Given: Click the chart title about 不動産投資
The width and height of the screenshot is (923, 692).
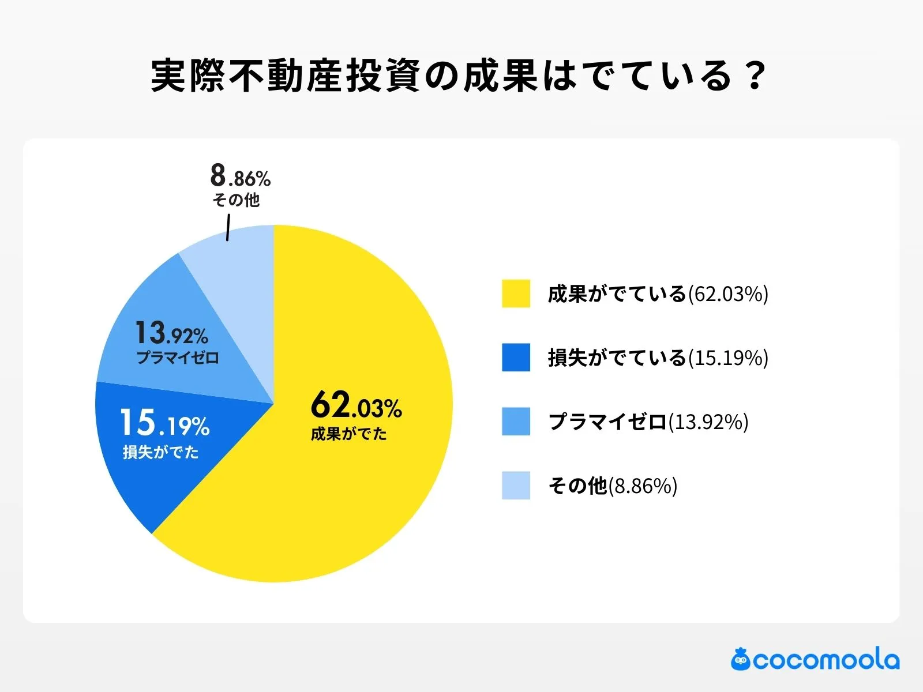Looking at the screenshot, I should click(459, 75).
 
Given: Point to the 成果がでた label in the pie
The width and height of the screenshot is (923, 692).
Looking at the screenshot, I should click(348, 434).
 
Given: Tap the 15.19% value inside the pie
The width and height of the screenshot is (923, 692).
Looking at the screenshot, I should click(164, 423).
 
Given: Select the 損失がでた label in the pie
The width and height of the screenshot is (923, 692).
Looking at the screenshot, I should click(160, 452).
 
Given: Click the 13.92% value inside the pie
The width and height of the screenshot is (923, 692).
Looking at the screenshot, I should click(171, 333).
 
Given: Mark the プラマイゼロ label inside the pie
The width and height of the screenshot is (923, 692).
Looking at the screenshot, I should click(178, 358).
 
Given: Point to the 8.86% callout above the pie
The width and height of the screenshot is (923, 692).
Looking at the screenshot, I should click(240, 176).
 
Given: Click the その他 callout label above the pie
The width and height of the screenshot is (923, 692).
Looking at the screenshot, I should click(236, 200).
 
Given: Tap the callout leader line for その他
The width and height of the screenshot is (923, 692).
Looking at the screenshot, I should click(228, 227).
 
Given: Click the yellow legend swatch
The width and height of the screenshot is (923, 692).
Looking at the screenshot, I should click(516, 294).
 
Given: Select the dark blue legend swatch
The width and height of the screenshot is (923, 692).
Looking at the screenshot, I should click(516, 358).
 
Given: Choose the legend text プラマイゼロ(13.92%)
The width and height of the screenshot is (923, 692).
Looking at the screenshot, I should click(648, 422).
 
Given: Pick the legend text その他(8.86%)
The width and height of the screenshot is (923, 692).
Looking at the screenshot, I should click(612, 486).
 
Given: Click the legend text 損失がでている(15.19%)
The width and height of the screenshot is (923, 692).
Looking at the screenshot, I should click(658, 358).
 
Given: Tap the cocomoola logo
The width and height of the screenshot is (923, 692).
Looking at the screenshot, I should click(815, 660).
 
